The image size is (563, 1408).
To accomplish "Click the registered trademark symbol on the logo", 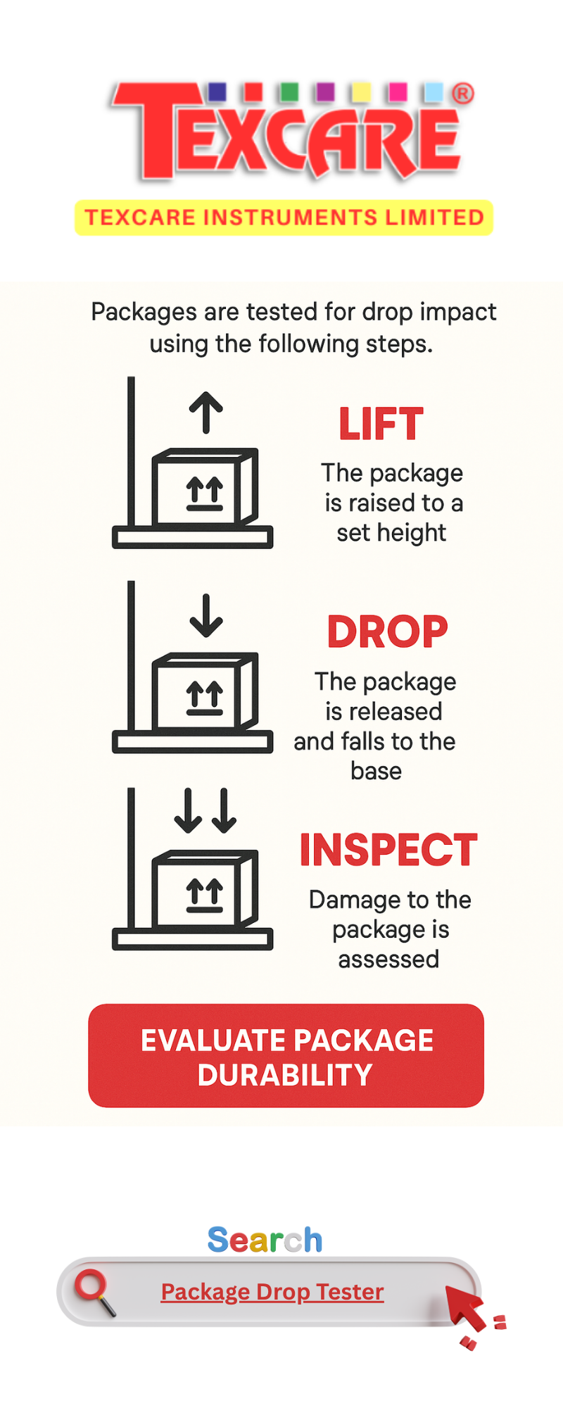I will point(462,94).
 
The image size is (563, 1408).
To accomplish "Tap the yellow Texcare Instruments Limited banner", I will point(284,218).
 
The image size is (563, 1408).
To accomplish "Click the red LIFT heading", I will point(381,424).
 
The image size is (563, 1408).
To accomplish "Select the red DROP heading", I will point(387,631).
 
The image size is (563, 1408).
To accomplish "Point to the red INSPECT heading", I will point(388,850).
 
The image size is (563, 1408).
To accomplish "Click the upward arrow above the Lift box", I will point(205,412).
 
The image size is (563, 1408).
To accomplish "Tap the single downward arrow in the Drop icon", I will point(205,615).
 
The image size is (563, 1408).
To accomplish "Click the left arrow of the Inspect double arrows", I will point(188,810).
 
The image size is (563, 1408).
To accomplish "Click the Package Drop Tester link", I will point(272,1292).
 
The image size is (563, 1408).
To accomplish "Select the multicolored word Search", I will point(265,1240).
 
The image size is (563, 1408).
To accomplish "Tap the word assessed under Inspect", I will point(388,959).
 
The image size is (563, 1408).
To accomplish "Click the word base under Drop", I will point(376,771).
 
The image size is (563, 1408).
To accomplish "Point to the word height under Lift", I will point(411,533).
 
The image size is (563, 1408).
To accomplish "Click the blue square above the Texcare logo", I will point(217,92).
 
